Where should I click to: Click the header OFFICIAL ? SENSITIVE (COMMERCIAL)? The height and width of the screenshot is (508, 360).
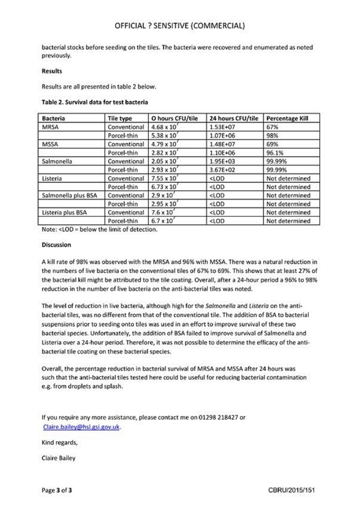point(179,25)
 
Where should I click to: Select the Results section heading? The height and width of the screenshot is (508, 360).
point(52,71)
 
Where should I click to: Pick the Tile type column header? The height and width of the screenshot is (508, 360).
point(120,118)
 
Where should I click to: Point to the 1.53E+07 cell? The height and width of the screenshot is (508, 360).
point(223,127)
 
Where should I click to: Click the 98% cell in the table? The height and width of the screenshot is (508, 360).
point(273,135)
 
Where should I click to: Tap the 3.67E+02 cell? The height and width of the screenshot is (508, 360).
point(223,170)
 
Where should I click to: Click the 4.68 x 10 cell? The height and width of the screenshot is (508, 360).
point(164,127)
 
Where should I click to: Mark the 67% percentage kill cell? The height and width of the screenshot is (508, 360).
point(273,127)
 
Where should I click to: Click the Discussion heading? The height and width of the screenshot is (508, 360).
point(56,245)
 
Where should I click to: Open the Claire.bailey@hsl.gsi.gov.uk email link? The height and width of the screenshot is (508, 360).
point(82,427)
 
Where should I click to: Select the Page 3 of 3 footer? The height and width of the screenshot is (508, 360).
point(57,491)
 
